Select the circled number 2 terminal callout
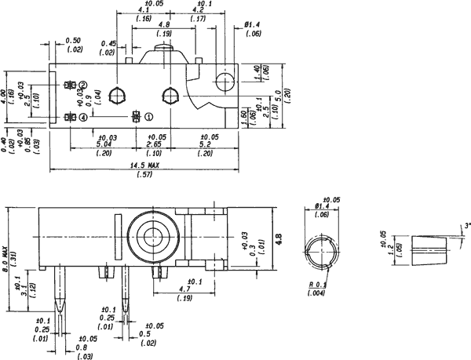82,85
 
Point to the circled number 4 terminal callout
83,118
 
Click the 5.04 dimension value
103,144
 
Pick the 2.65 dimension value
153,144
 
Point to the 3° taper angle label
466,226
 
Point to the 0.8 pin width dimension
81,347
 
